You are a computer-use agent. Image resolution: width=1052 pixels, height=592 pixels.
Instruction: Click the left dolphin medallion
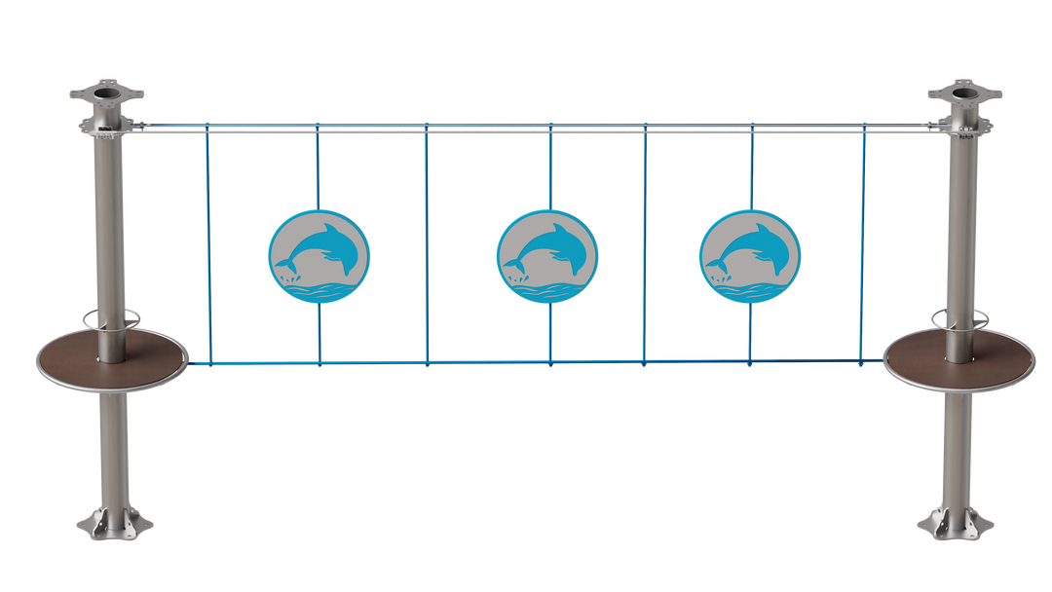(x=319, y=255)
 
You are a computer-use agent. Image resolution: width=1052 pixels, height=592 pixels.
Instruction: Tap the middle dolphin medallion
(x=546, y=255)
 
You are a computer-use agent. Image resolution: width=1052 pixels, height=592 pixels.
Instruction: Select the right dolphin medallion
(x=749, y=255)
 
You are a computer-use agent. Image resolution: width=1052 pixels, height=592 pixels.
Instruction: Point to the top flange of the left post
(x=106, y=97)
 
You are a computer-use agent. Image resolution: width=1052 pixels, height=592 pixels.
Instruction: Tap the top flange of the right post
(x=964, y=96)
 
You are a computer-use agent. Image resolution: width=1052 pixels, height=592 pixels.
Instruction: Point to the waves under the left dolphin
(x=319, y=289)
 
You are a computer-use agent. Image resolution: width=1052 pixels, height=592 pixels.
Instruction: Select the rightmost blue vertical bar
(x=862, y=243)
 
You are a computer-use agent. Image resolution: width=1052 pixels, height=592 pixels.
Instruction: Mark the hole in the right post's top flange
(x=964, y=93)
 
